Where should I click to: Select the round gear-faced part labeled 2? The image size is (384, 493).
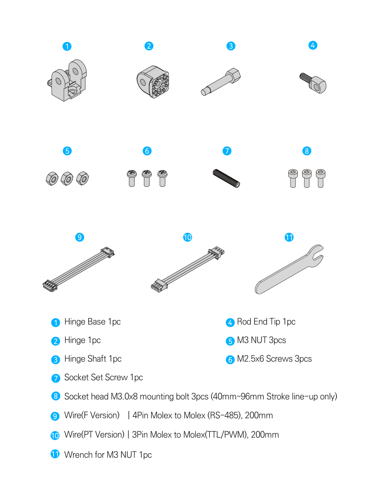[154, 82]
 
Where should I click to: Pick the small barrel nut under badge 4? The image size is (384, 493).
[317, 85]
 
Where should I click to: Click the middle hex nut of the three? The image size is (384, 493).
[67, 178]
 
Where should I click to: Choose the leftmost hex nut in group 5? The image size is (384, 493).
[52, 178]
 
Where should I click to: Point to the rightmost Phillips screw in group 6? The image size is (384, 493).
[162, 178]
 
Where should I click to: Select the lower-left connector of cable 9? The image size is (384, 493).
[50, 286]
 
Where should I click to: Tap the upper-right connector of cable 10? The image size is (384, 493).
[217, 252]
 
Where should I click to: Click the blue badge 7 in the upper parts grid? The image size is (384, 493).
[227, 151]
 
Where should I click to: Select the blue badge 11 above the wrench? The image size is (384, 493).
[289, 237]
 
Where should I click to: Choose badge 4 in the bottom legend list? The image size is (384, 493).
[230, 323]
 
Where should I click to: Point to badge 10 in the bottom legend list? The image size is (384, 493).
[55, 436]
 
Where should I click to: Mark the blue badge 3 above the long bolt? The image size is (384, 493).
[231, 46]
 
